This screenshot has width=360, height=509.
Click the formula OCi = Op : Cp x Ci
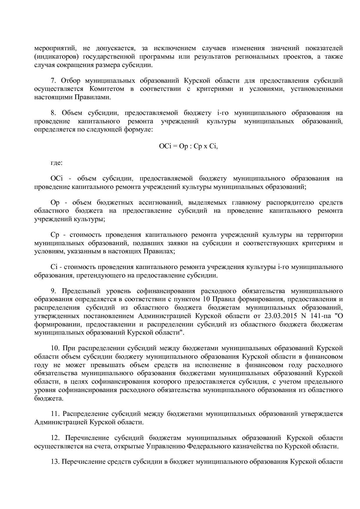tap(188, 146)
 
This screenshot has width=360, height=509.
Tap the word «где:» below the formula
tap(56, 163)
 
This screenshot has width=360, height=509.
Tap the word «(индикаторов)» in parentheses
tap(53, 57)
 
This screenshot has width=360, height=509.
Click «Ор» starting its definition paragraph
tap(55, 203)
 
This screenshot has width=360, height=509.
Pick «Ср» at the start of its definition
tap(55, 235)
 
